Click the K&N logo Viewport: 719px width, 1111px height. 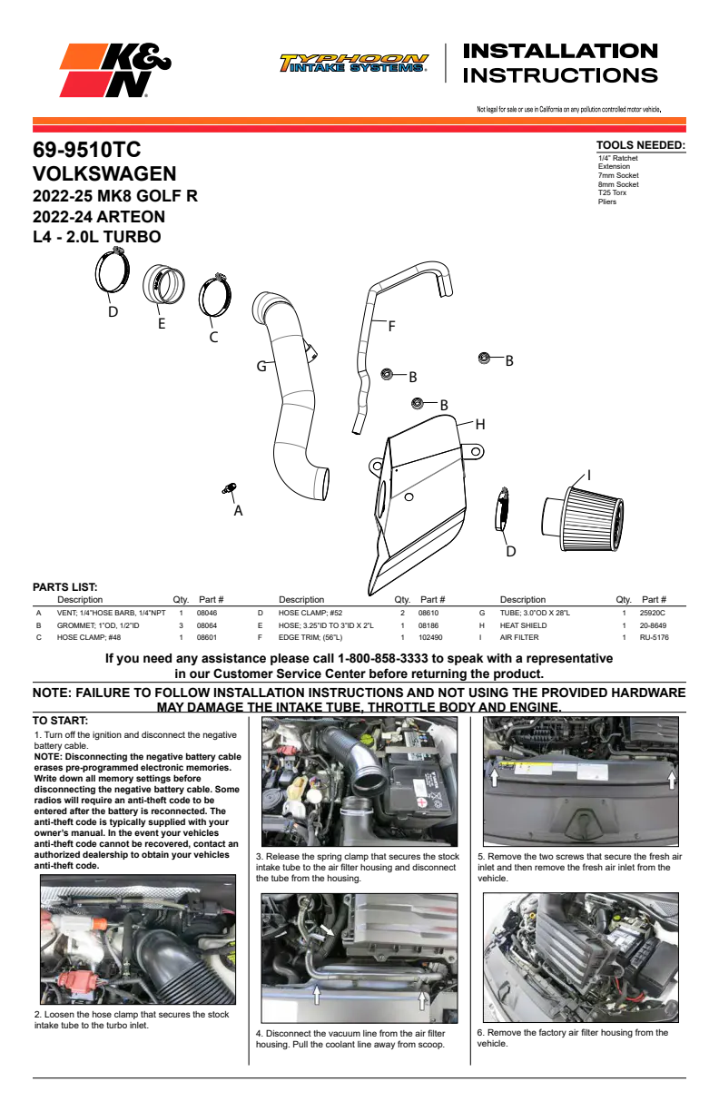click(x=115, y=70)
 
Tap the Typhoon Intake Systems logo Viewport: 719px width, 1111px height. click(x=354, y=63)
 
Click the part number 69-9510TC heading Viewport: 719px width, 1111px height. click(x=87, y=150)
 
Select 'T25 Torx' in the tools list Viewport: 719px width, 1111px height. click(x=612, y=192)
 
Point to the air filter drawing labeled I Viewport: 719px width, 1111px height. click(x=583, y=518)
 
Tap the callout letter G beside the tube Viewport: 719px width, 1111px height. click(x=261, y=366)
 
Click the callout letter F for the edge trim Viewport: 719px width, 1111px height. click(x=391, y=326)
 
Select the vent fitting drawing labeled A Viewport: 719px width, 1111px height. click(x=230, y=488)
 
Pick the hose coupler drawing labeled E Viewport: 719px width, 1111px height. click(x=163, y=284)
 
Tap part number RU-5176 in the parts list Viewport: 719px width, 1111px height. click(x=654, y=637)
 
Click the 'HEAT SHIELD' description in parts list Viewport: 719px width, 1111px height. click(x=523, y=625)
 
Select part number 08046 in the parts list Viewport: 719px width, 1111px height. click(x=207, y=613)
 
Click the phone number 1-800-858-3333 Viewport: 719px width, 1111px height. click(x=382, y=658)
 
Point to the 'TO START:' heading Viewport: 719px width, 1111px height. click(x=60, y=721)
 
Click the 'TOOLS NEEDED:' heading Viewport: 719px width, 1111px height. click(x=641, y=145)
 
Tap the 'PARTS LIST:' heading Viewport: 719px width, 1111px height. click(x=65, y=587)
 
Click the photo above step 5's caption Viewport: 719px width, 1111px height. click(x=581, y=782)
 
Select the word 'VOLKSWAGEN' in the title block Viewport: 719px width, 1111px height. click(x=104, y=173)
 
